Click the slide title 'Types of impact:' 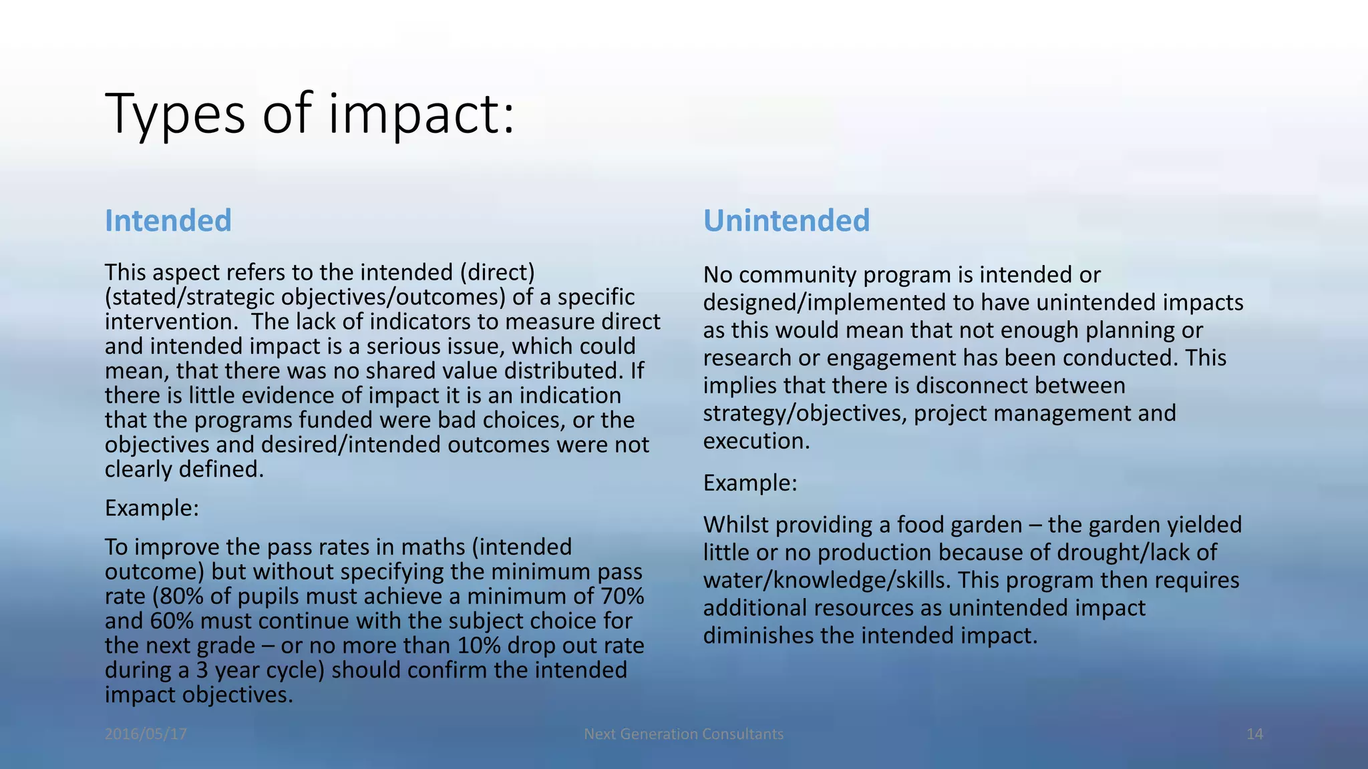[310, 115]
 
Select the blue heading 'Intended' [168, 221]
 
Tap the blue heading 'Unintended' [786, 221]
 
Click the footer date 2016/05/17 [146, 734]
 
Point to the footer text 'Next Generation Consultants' [683, 734]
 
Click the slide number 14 [1254, 734]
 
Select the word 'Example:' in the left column [152, 509]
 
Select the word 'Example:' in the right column [750, 483]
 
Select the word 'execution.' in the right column [756, 441]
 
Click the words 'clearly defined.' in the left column [184, 470]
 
